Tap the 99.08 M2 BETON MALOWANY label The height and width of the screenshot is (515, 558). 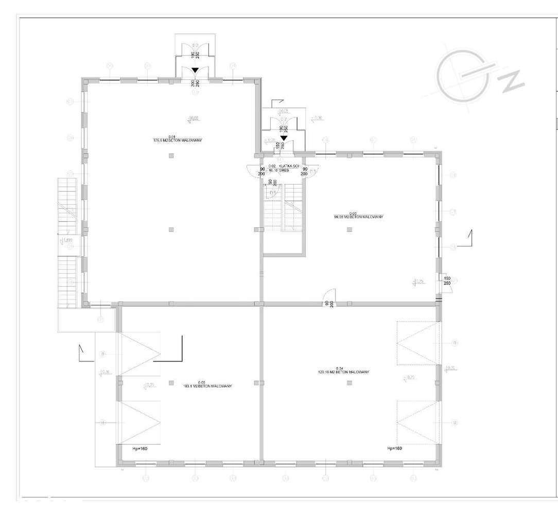pyautogui.click(x=358, y=217)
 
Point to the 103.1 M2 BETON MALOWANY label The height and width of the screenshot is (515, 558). pyautogui.click(x=207, y=385)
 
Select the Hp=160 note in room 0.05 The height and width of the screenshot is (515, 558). pyautogui.click(x=139, y=448)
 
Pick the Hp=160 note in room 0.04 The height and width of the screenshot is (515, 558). pyautogui.click(x=394, y=448)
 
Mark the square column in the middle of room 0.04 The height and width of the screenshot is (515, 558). pyautogui.click(x=350, y=383)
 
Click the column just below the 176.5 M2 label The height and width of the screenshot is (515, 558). pyautogui.click(x=172, y=155)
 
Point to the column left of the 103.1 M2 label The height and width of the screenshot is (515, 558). pyautogui.click(x=171, y=383)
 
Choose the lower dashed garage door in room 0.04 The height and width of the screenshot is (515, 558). pyautogui.click(x=418, y=423)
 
